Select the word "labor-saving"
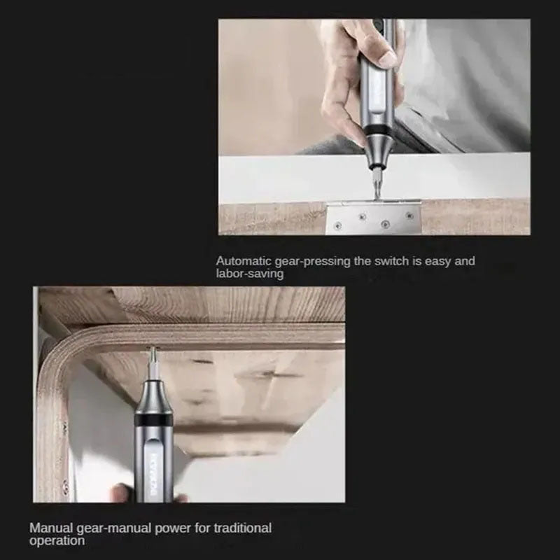tap(250, 274)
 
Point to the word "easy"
tap(438, 261)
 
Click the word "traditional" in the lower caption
tap(242, 528)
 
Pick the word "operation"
tap(57, 540)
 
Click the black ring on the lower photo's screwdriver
tap(153, 419)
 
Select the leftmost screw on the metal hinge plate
tap(338, 225)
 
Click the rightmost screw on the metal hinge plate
tap(409, 216)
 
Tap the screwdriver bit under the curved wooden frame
tap(153, 363)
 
